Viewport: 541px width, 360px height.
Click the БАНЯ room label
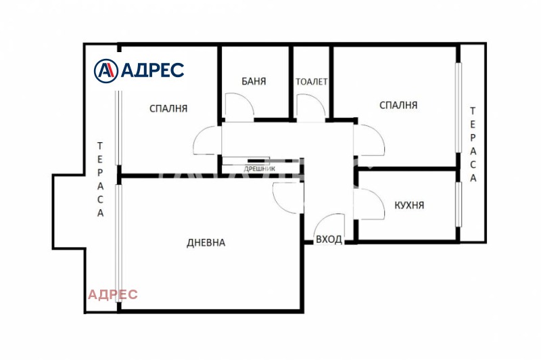[x=254, y=81]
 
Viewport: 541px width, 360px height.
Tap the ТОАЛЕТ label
[x=312, y=81]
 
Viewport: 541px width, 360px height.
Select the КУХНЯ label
[x=409, y=205]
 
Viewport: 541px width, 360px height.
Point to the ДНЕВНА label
[x=206, y=243]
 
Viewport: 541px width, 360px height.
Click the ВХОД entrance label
[x=329, y=239]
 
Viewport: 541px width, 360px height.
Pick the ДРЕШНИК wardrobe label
[x=260, y=168]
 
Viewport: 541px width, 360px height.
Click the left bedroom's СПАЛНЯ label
[x=168, y=108]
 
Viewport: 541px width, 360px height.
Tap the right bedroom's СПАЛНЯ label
[x=398, y=105]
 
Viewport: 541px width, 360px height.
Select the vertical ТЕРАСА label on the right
[x=473, y=144]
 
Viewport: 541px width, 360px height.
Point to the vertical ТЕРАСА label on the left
[x=100, y=179]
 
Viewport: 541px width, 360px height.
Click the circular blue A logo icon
[x=106, y=71]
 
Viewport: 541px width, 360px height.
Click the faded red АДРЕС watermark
[x=113, y=294]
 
